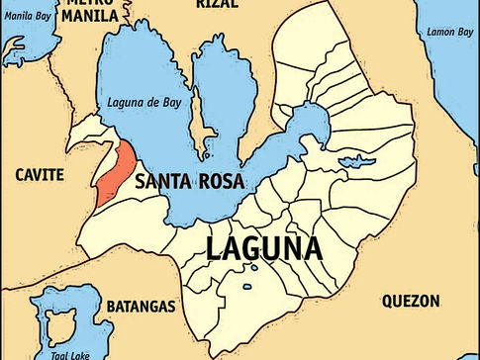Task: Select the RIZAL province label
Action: click(218, 5)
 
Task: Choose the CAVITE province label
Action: click(39, 174)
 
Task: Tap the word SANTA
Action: click(164, 182)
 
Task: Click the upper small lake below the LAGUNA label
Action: click(253, 268)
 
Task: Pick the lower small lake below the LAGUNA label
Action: click(244, 284)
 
